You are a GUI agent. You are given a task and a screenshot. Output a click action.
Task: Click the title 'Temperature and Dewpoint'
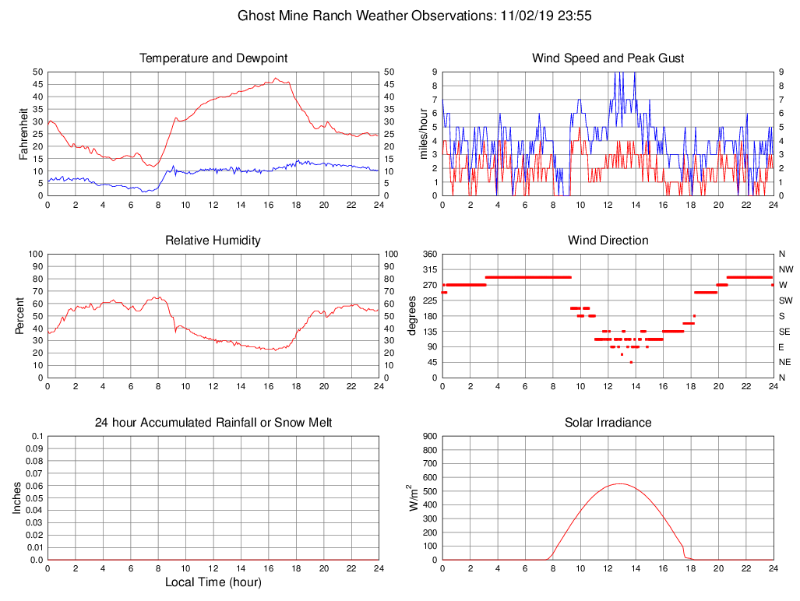[x=213, y=58]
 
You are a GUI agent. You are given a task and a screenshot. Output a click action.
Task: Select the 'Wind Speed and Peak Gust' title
[x=608, y=58]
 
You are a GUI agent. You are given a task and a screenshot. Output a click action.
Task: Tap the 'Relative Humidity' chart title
[x=213, y=241]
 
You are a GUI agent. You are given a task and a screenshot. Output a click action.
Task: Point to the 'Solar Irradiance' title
[x=608, y=423]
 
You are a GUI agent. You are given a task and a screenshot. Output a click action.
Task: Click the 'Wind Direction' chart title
[x=608, y=241]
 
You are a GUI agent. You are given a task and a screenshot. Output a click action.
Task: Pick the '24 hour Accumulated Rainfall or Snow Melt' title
[x=213, y=423]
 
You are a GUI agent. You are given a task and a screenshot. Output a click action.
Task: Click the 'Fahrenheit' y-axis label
[x=23, y=133]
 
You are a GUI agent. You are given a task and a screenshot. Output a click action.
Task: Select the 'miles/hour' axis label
[x=424, y=133]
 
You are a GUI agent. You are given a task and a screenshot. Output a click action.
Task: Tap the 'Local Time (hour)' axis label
[x=213, y=582]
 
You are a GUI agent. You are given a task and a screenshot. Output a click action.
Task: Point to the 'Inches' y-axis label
[x=18, y=498]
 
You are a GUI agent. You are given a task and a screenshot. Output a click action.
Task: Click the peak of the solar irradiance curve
[x=619, y=483]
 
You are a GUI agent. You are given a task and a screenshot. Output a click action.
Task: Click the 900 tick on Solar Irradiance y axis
[x=428, y=437]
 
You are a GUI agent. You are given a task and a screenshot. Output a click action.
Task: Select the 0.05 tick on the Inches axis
[x=33, y=498]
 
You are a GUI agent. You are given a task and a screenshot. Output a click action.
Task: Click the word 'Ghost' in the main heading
[x=255, y=16]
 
